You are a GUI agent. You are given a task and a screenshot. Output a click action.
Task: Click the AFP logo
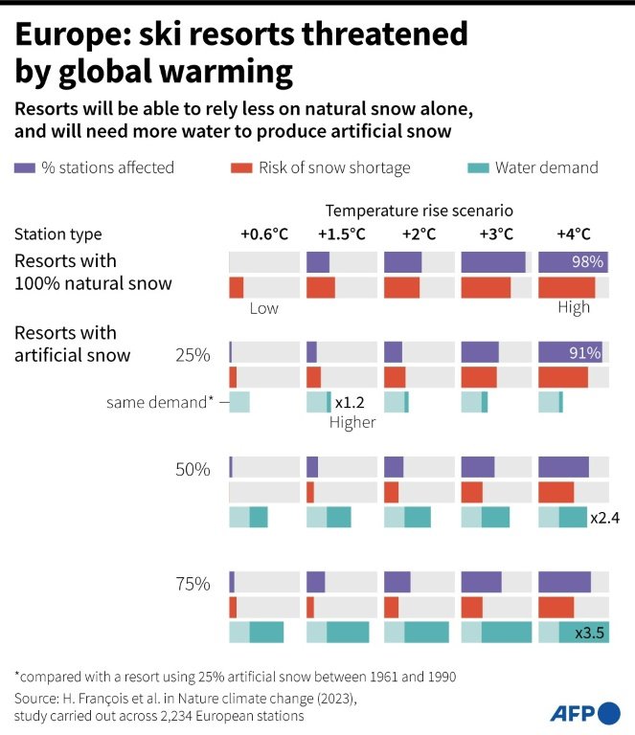coord(584,713)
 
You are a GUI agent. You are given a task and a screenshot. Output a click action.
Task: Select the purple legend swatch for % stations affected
coord(25,168)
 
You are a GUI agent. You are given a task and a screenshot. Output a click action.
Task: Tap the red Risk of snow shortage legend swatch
coord(241,168)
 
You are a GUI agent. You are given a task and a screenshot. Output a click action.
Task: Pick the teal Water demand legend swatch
coord(478,168)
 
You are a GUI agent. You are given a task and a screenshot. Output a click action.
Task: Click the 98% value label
coord(587,262)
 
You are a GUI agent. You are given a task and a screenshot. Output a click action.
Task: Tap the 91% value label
coord(585,353)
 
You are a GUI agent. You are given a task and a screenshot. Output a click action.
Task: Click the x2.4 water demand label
coord(605,518)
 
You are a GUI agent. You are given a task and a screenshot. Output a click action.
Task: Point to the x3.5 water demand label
coord(589,633)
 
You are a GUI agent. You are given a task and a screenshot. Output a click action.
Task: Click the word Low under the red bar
coord(263,308)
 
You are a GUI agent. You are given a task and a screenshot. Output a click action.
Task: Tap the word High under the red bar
coord(574,308)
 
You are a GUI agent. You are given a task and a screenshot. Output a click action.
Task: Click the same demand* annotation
coord(160,403)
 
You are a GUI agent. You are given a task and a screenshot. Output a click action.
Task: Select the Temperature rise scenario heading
coord(420,210)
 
